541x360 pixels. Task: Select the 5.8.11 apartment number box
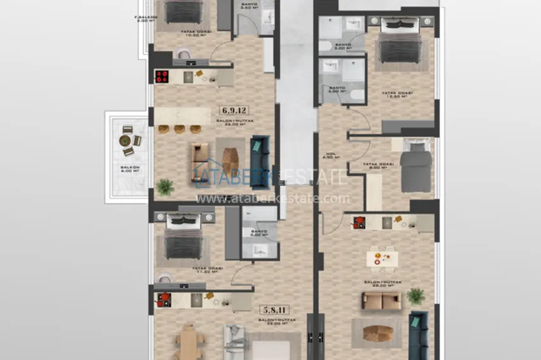272,310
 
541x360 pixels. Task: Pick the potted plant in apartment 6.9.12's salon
165,186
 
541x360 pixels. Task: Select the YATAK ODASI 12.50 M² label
397,94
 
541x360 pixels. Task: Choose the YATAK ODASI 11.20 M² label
183,270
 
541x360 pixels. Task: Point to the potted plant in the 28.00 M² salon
416,296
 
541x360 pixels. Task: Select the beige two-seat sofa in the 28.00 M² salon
381,301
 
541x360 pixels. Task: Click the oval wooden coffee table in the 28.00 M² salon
381,331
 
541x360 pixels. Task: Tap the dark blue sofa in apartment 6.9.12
260,162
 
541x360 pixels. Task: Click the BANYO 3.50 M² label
249,7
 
